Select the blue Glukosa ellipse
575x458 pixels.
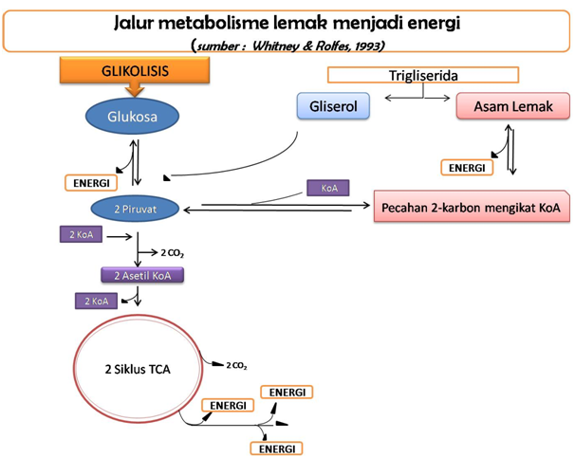[134, 116]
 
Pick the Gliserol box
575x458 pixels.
[332, 106]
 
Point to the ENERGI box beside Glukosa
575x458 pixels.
[91, 182]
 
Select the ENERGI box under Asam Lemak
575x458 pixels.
[467, 168]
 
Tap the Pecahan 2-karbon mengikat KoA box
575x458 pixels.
[472, 207]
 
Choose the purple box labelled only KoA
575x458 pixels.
[329, 189]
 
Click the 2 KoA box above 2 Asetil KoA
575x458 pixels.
[81, 234]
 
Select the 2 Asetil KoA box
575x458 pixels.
[142, 275]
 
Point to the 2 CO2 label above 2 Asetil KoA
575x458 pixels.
[171, 253]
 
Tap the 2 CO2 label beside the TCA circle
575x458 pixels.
[235, 364]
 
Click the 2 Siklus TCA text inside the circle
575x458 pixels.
[138, 369]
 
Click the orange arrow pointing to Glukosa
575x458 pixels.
[134, 91]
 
